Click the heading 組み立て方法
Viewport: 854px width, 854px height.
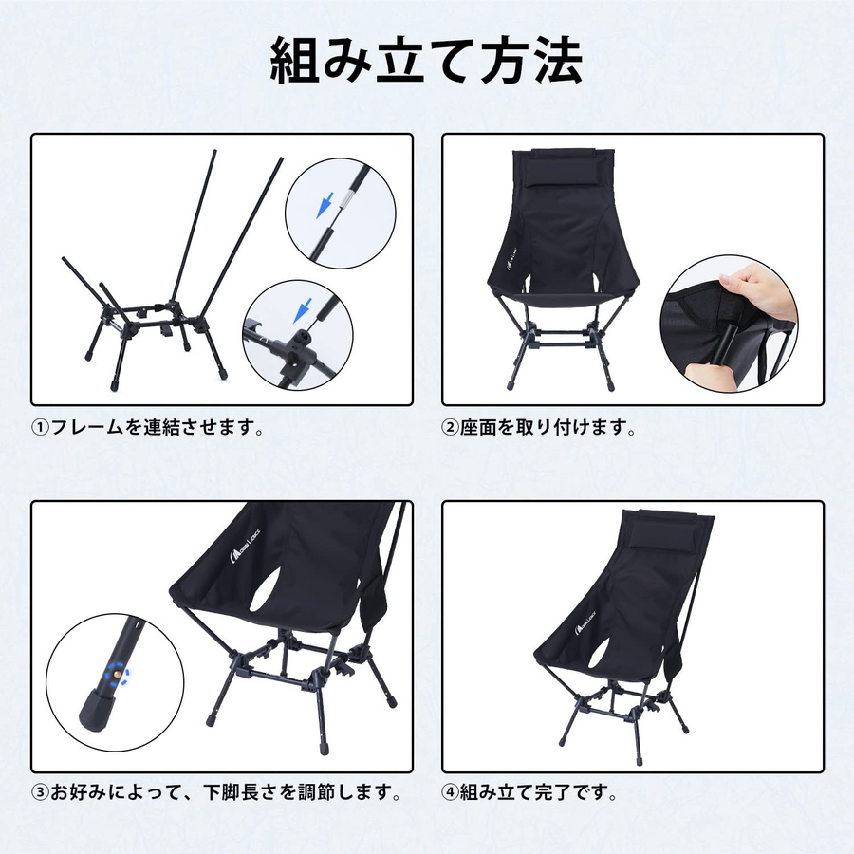pos(426,61)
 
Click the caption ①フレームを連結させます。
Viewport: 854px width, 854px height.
pos(147,427)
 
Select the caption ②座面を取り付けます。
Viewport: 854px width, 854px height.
pos(538,427)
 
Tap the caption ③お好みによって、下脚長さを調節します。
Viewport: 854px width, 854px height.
pos(216,792)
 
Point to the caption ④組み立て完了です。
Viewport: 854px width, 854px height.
pos(529,792)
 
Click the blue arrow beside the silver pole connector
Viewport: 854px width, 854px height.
pos(325,204)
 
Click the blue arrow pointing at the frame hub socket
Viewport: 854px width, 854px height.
pos(302,310)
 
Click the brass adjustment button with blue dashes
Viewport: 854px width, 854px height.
pos(117,675)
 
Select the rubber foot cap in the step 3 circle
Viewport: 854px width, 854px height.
pos(96,710)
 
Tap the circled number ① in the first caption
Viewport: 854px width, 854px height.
pos(40,428)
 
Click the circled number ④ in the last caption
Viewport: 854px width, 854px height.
pos(450,793)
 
